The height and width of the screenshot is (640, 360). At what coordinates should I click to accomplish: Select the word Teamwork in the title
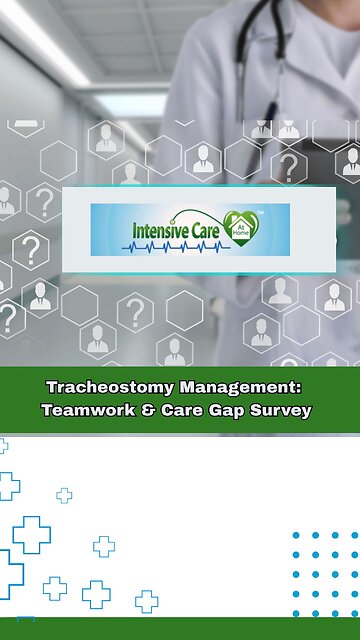click(x=87, y=409)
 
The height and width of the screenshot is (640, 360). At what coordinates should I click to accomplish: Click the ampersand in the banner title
click(x=148, y=409)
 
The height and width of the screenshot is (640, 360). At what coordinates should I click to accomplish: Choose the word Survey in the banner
click(x=282, y=409)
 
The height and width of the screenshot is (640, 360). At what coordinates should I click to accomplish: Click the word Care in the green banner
click(x=182, y=409)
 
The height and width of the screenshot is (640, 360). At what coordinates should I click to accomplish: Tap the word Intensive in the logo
click(x=161, y=230)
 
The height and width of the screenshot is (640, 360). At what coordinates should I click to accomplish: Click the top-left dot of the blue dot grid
click(x=297, y=535)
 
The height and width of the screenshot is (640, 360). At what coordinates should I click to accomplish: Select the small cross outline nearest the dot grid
click(x=146, y=601)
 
